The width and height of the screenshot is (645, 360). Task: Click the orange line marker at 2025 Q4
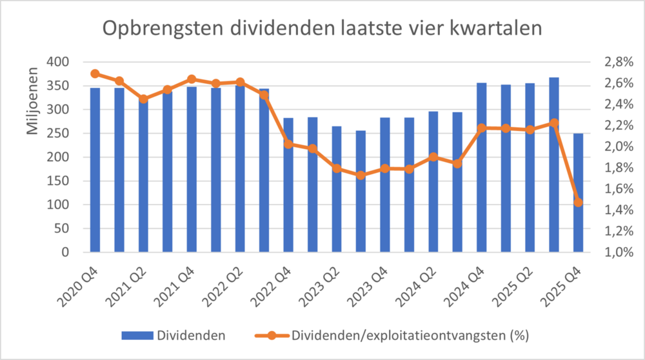coord(578,203)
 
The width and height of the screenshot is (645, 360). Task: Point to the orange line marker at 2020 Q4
coord(95,74)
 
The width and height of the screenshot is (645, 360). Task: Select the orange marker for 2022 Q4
coord(288,144)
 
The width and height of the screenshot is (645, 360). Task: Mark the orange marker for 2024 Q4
coord(481,128)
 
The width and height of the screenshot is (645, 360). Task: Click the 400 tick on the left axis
coord(59,62)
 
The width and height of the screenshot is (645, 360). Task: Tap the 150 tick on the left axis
coord(59,181)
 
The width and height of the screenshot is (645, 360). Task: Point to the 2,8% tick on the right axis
coord(618,62)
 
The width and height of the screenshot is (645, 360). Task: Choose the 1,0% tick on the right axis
coord(618,252)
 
